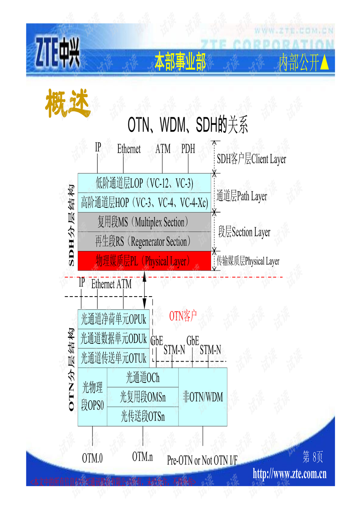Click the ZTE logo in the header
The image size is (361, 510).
(58, 52)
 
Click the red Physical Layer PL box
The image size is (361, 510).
(144, 261)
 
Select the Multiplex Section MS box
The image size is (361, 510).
(144, 222)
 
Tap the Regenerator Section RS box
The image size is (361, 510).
(144, 241)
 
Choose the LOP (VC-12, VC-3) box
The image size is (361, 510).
(144, 183)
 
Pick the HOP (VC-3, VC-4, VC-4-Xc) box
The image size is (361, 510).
(144, 203)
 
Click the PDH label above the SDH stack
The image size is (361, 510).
(188, 149)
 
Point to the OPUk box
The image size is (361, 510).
(114, 319)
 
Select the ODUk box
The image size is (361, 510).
(114, 339)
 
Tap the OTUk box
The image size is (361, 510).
(114, 358)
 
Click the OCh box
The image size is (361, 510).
(143, 377)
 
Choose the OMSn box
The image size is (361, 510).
(143, 397)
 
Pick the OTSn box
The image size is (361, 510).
(143, 416)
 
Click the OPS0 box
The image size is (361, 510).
(93, 396)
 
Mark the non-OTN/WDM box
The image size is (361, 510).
(203, 396)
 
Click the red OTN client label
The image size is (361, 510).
(183, 316)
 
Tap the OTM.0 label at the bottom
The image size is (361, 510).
(92, 458)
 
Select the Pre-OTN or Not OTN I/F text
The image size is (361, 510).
(202, 460)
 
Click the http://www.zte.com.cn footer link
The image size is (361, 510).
(290, 474)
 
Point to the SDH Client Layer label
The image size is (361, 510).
(251, 159)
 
